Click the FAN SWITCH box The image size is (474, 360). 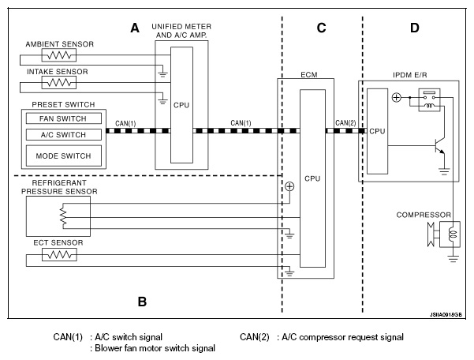tap(62, 119)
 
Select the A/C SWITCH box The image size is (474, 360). tap(62, 135)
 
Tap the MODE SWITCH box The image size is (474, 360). tap(62, 156)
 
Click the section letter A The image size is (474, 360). tap(135, 28)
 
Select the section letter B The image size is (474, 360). tap(142, 301)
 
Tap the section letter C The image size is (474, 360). tap(321, 28)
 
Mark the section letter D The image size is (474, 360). tap(415, 28)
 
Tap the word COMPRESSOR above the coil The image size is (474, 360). tap(424, 214)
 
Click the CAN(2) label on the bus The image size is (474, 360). tap(345, 122)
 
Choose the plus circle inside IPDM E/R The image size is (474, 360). tap(397, 98)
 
